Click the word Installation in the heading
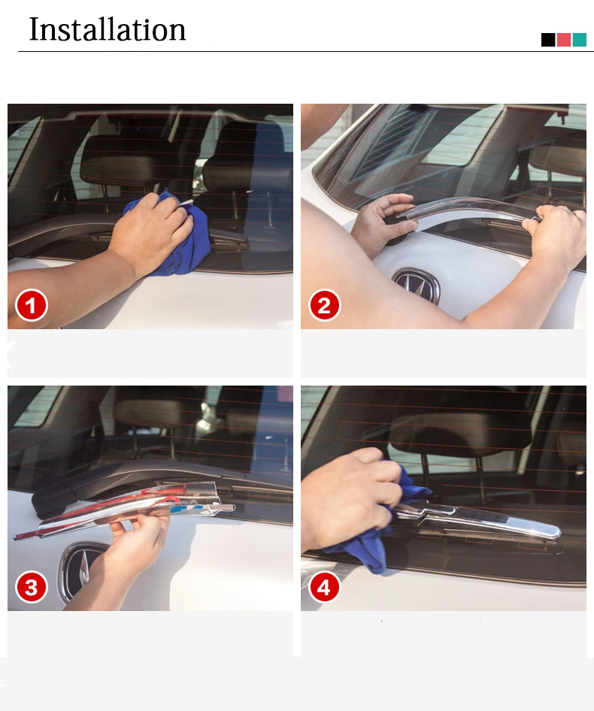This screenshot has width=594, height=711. pos(108,29)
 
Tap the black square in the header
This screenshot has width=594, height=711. pos(548,40)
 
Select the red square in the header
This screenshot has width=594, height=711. pos(564,40)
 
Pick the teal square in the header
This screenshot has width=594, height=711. pos(580,40)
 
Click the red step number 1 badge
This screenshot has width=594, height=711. pos(32,305)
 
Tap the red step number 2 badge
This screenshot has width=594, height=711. pos(325,305)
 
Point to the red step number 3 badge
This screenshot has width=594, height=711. pos(32,587)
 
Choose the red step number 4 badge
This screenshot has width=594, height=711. pos(325,587)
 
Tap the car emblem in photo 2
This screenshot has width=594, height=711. pos(417,286)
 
